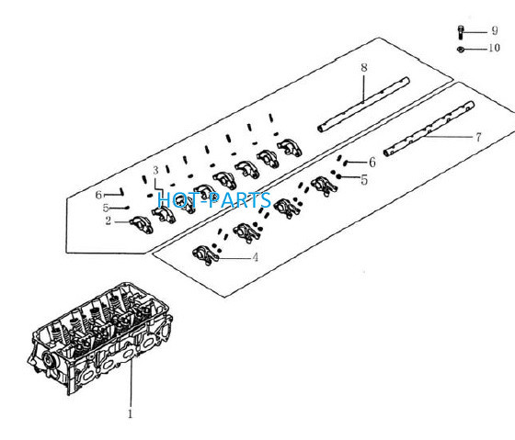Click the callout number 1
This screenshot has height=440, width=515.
click(x=131, y=413)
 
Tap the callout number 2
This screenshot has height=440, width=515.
click(x=109, y=220)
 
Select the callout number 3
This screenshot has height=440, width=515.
click(x=155, y=170)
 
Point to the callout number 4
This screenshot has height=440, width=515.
click(x=256, y=257)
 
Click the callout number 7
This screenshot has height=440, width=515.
click(x=478, y=137)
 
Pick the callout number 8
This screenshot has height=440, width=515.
click(x=364, y=67)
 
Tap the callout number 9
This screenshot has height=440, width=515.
click(x=495, y=31)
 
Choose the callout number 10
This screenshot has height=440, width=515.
click(x=495, y=48)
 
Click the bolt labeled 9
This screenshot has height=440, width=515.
click(x=461, y=32)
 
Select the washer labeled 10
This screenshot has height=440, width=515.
click(x=461, y=50)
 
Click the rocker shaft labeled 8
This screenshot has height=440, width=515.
click(x=363, y=105)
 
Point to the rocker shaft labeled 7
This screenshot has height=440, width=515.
click(x=429, y=129)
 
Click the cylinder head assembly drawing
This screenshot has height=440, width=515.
click(x=100, y=338)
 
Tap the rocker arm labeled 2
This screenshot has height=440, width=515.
click(x=142, y=225)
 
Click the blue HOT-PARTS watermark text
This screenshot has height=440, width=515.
click(x=214, y=200)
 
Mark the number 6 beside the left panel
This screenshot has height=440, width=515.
click(x=98, y=195)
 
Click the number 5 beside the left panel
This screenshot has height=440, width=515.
click(x=106, y=208)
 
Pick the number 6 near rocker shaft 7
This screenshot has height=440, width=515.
click(x=372, y=162)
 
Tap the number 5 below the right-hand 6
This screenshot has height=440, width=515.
click(x=364, y=180)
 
